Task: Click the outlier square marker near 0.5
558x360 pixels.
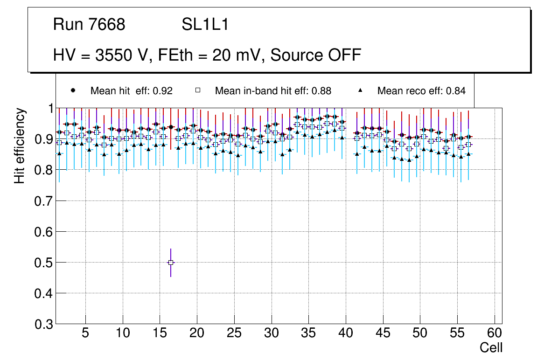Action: point(171,263)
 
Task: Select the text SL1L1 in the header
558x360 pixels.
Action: point(205,25)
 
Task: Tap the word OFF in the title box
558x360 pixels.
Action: point(345,55)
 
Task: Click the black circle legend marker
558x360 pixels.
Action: point(73,90)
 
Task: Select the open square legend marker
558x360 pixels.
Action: point(198,90)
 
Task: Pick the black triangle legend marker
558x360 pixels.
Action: point(361,90)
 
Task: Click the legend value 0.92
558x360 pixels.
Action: point(164,91)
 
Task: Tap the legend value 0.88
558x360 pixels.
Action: point(322,91)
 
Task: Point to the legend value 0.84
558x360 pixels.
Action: point(456,91)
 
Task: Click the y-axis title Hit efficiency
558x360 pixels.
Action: point(19,145)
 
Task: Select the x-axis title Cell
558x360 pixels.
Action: point(491,347)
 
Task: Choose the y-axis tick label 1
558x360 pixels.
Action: point(49,109)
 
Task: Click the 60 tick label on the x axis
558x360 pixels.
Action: point(495,333)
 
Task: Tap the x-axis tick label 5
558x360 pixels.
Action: point(85,333)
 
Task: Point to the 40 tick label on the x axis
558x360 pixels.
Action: point(346,333)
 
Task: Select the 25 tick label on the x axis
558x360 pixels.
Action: point(234,333)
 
